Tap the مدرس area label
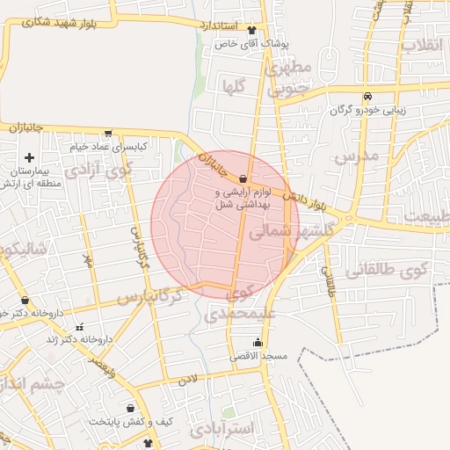click(355, 157)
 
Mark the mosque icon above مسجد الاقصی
click(258, 343)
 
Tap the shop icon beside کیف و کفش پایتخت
click(131, 409)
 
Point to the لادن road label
click(188, 380)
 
